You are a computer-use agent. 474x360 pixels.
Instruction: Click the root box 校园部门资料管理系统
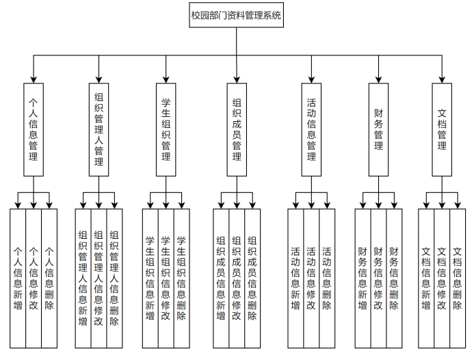[x=236, y=15]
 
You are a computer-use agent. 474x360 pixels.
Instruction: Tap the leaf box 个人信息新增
[x=18, y=278]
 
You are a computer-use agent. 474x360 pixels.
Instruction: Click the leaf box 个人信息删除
[x=49, y=278]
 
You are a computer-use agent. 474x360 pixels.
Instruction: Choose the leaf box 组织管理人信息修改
[x=98, y=278]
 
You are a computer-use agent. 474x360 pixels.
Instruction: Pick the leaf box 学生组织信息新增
[x=150, y=278]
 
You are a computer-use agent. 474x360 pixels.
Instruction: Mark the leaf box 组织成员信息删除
[x=252, y=278]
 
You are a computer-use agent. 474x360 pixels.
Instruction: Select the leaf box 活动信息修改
[x=311, y=278]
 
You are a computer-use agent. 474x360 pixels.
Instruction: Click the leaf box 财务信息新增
[x=363, y=278]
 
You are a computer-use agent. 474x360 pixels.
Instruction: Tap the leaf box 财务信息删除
[x=394, y=278]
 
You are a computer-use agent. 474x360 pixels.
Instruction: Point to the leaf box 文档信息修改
[x=442, y=278]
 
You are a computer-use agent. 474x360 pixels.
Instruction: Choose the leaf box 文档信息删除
[x=458, y=278]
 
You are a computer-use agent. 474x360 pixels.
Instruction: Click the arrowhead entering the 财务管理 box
[x=378, y=79]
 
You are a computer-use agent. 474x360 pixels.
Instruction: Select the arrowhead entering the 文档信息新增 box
[x=426, y=205]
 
